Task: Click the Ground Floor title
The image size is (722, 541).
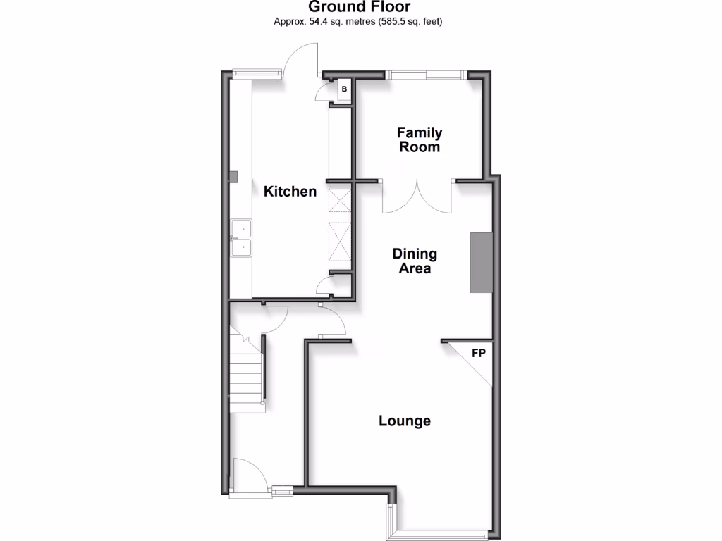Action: (360, 8)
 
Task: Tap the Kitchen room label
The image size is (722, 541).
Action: (290, 191)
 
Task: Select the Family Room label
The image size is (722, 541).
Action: (420, 139)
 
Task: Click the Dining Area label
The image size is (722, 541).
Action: (415, 261)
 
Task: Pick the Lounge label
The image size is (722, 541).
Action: (405, 421)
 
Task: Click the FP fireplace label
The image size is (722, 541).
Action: (478, 352)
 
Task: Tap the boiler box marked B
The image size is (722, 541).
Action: (344, 89)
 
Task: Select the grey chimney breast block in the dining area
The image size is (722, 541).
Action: (481, 262)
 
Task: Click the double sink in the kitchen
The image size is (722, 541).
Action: (242, 239)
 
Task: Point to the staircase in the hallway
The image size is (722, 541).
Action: (246, 373)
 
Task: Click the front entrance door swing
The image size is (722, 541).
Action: (248, 475)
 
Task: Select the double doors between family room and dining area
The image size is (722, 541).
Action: (416, 197)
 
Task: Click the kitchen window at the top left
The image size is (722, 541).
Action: (258, 71)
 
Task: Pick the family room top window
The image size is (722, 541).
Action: (425, 73)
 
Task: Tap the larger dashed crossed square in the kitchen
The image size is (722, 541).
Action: (339, 241)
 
